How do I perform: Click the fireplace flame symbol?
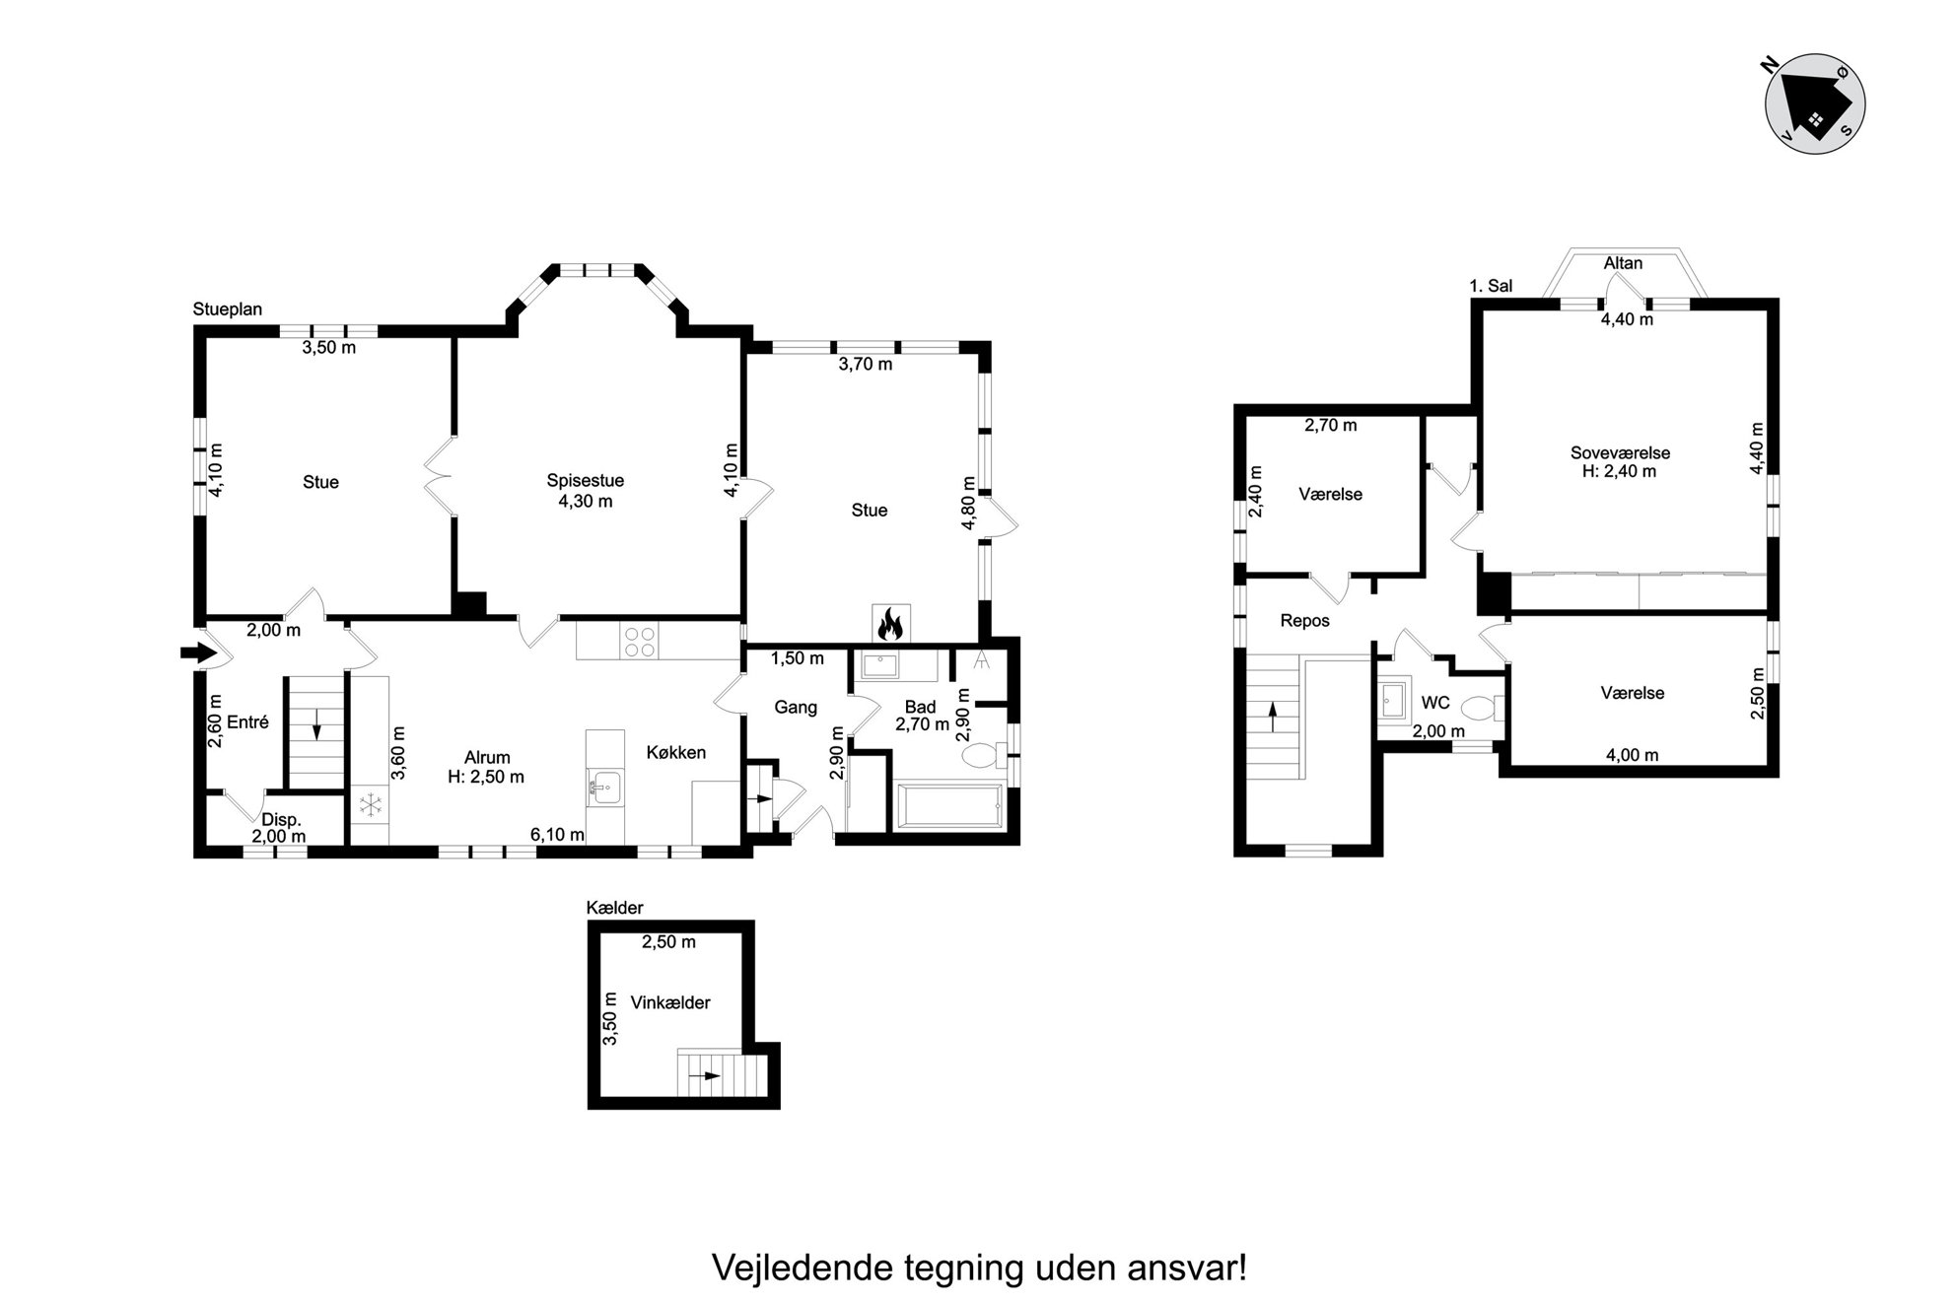890,623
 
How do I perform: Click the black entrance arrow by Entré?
199,652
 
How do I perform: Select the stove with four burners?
639,642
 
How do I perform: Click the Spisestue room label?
586,481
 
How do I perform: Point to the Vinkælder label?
670,1002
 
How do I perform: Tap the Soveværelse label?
1620,453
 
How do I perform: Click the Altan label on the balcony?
1623,263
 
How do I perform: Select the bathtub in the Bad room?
947,807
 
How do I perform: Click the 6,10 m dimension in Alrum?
557,835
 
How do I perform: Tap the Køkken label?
676,752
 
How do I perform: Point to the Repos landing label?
1305,621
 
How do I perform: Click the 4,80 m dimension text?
969,504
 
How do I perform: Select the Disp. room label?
281,819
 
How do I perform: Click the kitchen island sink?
605,788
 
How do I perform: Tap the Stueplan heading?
228,309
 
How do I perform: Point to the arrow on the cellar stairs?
706,1075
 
